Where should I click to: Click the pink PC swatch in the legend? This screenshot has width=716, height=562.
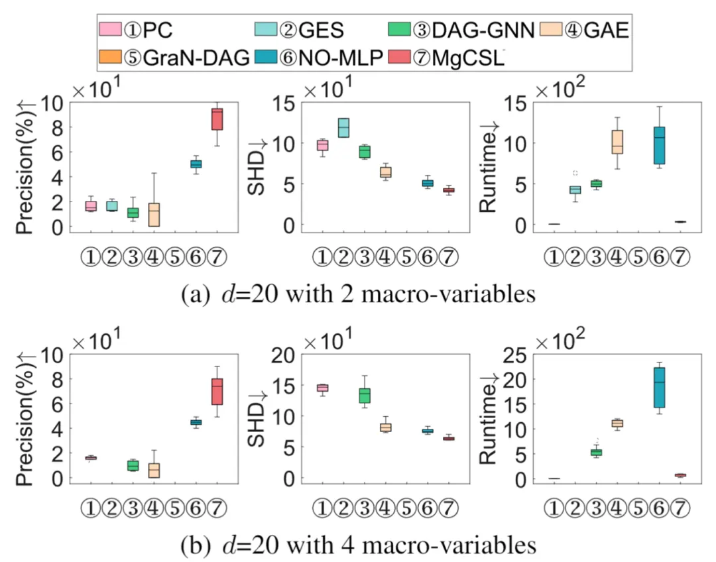(110, 30)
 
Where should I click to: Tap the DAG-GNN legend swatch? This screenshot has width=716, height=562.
(399, 30)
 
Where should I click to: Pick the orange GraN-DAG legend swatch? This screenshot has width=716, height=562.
(109, 58)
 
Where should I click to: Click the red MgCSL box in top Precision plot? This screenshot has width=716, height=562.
(217, 119)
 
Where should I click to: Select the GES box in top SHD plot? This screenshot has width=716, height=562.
(343, 127)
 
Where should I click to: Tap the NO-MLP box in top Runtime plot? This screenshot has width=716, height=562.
(659, 145)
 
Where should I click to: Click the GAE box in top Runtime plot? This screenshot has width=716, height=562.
(617, 142)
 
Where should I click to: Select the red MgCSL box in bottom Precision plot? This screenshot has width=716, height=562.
(217, 391)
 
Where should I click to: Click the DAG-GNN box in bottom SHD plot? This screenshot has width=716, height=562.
(365, 395)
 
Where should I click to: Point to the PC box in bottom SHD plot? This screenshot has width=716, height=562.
(322, 388)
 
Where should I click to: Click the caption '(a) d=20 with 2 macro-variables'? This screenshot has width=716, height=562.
(358, 294)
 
